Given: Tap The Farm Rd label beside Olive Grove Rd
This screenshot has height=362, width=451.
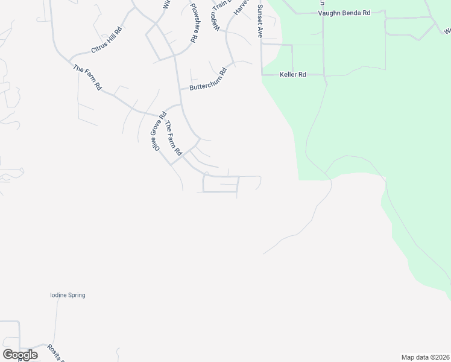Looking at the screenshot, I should (x=173, y=139).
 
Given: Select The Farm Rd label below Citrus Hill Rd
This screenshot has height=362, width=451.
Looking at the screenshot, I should (x=87, y=77).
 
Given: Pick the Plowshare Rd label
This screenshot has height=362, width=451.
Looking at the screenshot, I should (x=194, y=22).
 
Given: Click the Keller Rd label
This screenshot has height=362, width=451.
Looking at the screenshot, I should (x=293, y=75).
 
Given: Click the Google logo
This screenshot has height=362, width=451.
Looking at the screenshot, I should (x=20, y=355).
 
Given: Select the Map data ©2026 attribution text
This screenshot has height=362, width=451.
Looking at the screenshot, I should (x=424, y=357).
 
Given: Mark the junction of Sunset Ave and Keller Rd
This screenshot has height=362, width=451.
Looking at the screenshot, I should (x=262, y=75).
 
